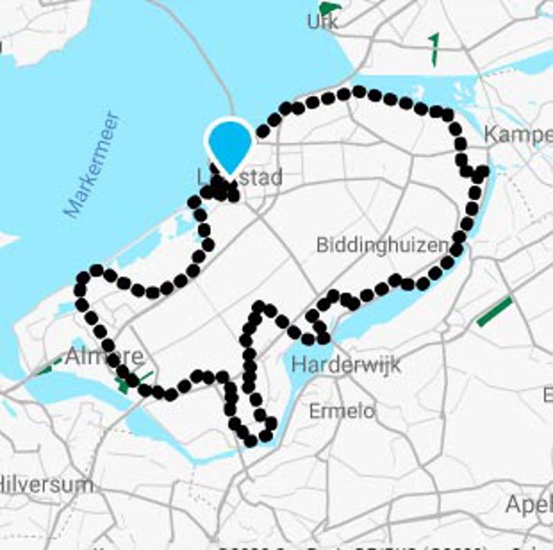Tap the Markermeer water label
tap(93, 165)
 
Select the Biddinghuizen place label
tap(382, 245)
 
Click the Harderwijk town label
tap(346, 365)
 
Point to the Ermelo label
tap(341, 411)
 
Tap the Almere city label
tap(105, 357)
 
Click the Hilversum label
tap(46, 484)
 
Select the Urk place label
tap(323, 23)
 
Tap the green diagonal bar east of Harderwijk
tap(495, 311)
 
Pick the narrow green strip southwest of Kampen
tap(434, 49)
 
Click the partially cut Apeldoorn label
tap(529, 504)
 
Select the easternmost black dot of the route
tap(483, 170)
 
